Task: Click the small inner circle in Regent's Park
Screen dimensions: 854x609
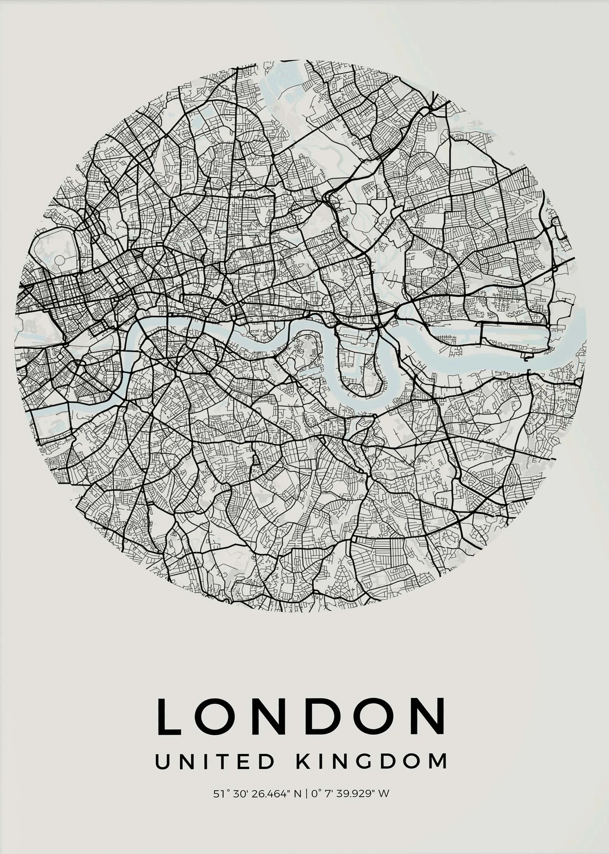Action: pyautogui.click(x=59, y=259)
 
